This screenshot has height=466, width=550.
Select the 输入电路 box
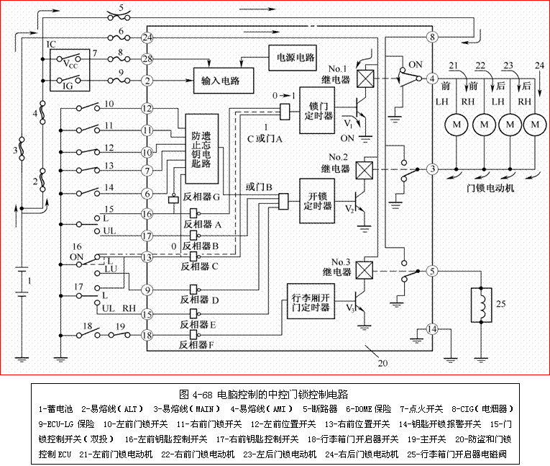click(225, 80)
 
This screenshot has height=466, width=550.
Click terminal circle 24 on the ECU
click(147, 37)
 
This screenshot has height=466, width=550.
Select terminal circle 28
click(147, 58)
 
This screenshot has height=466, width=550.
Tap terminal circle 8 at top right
click(432, 37)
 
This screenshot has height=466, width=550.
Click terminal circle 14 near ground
click(432, 329)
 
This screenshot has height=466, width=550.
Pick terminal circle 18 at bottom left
click(147, 335)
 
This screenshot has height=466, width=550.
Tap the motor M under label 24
click(534, 125)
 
